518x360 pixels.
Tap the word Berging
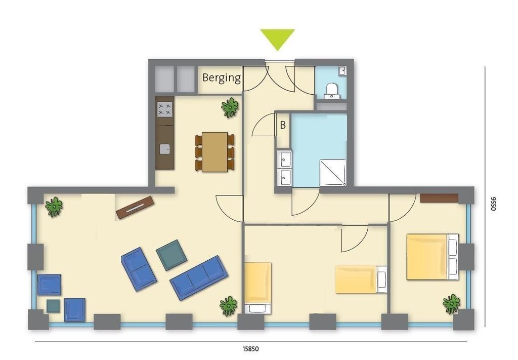pos(222,78)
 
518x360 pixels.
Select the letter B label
pos(283,125)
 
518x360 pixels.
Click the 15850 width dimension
pos(251,349)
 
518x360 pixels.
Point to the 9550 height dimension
pos(493,204)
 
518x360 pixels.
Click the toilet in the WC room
pos(331,91)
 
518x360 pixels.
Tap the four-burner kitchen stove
pos(164,109)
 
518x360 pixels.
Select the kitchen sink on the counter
pos(165,149)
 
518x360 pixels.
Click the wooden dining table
pos(214,152)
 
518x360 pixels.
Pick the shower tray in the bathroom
pos(333,173)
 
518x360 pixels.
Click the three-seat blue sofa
pos(199,277)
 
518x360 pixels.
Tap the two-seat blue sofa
pos(139,269)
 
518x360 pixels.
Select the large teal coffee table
pos(171,255)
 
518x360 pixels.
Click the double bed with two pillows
pos(433,257)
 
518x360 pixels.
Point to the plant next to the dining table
pos(230,107)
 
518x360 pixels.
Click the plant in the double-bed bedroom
pos(451,304)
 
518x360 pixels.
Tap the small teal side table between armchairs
pos(53,306)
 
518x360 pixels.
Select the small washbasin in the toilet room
pos(342,70)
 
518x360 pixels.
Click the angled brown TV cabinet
pos(135,208)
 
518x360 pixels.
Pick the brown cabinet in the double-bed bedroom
pos(439,198)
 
